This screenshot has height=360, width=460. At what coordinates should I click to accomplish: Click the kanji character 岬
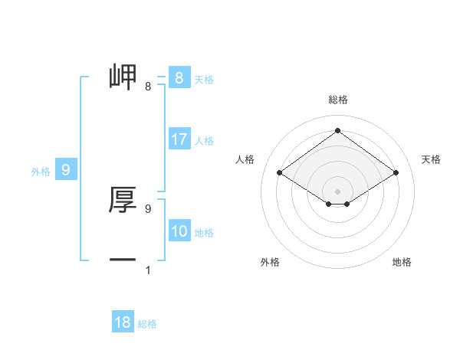pos(123,77)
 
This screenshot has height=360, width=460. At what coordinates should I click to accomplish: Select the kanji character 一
pos(123,260)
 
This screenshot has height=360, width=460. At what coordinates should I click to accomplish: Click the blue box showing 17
pos(179,140)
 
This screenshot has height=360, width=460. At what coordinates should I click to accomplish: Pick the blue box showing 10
pos(179,232)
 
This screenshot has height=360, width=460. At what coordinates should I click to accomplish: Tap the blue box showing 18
pos(123,322)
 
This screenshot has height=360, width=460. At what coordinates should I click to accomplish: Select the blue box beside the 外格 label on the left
pos(66,170)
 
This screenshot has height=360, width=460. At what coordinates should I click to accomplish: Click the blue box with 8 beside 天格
pos(179,78)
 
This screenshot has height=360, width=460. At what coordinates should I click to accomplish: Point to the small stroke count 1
pos(147,270)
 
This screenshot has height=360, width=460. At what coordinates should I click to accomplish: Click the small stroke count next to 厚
pos(148,208)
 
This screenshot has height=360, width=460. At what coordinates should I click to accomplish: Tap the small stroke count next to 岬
pos(148,87)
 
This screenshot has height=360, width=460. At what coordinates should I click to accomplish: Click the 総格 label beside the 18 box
pos(147,324)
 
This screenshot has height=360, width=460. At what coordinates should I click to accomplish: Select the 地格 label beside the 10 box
pos(204,233)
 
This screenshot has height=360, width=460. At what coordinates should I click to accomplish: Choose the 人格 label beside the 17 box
pos(204,141)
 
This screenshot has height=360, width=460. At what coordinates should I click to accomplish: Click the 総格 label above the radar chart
pos(337,100)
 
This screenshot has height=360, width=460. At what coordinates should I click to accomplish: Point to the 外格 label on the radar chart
pos(270,262)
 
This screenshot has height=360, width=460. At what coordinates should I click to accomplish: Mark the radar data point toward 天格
pos(396,173)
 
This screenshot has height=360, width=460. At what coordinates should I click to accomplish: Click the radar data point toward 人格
pos(280,173)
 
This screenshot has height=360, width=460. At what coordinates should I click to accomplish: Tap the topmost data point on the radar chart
pos(337,130)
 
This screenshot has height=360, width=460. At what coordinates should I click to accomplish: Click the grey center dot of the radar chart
pos(337,191)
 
